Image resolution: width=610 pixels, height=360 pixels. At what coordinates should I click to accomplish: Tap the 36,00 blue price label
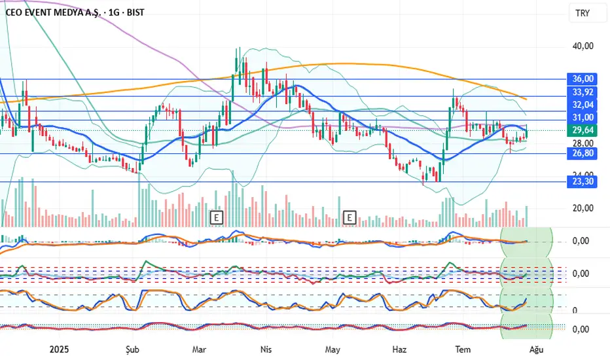point(583,79)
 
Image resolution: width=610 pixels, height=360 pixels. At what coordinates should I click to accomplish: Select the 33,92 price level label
point(583,92)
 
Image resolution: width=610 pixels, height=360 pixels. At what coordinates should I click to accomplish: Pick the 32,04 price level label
point(583,105)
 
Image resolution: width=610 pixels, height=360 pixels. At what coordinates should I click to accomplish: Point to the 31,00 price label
point(583,117)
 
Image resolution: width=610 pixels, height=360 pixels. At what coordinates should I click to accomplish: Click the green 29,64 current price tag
point(583,130)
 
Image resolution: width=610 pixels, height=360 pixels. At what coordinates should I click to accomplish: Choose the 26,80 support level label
point(583,154)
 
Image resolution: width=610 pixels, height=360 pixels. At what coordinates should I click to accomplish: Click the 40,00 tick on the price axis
point(583,46)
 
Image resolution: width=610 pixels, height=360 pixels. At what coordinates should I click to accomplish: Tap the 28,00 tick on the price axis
point(583,143)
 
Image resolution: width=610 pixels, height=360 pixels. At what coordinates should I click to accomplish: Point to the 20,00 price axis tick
point(583,208)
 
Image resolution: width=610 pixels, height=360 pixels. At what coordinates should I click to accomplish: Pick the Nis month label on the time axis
point(266,350)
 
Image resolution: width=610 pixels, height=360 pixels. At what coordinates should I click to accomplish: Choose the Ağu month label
point(536,350)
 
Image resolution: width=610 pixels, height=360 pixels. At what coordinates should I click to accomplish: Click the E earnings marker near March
point(216,216)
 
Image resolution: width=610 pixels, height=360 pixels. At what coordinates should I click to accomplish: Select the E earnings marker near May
point(350,216)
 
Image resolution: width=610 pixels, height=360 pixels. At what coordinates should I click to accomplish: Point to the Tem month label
point(463,350)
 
